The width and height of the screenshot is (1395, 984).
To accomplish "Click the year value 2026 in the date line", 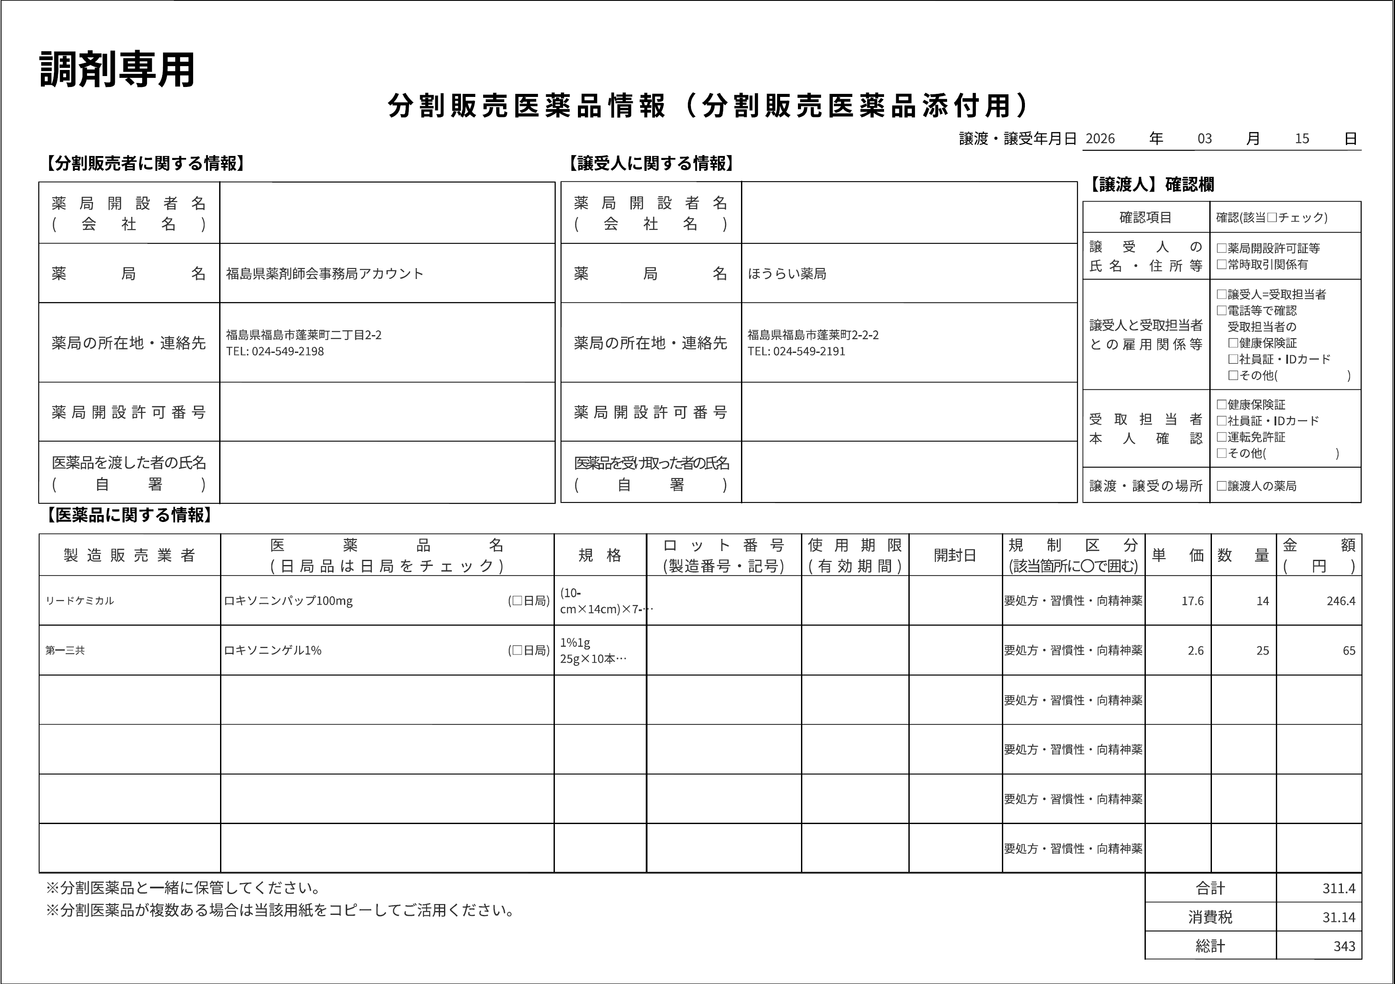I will point(1100,139).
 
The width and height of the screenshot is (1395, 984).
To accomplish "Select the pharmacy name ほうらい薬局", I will point(787,274).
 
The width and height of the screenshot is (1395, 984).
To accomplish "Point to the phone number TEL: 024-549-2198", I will point(275,351).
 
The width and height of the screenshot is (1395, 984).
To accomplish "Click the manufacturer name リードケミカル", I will point(80,601).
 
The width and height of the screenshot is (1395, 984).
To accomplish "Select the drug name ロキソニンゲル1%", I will point(273,651).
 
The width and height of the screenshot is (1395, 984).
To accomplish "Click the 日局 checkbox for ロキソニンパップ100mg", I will point(517,601).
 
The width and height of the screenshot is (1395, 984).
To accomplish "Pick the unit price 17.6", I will point(1192,601).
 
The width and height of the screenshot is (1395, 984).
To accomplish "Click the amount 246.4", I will point(1340,601).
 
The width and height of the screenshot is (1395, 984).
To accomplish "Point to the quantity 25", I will point(1262,651).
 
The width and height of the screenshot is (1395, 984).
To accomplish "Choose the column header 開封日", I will point(954,555).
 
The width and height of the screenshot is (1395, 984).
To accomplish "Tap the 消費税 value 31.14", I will point(1338,917).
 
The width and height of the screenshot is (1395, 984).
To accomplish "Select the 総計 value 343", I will point(1344,946).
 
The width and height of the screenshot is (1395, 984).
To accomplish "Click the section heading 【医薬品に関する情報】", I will point(130,515).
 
